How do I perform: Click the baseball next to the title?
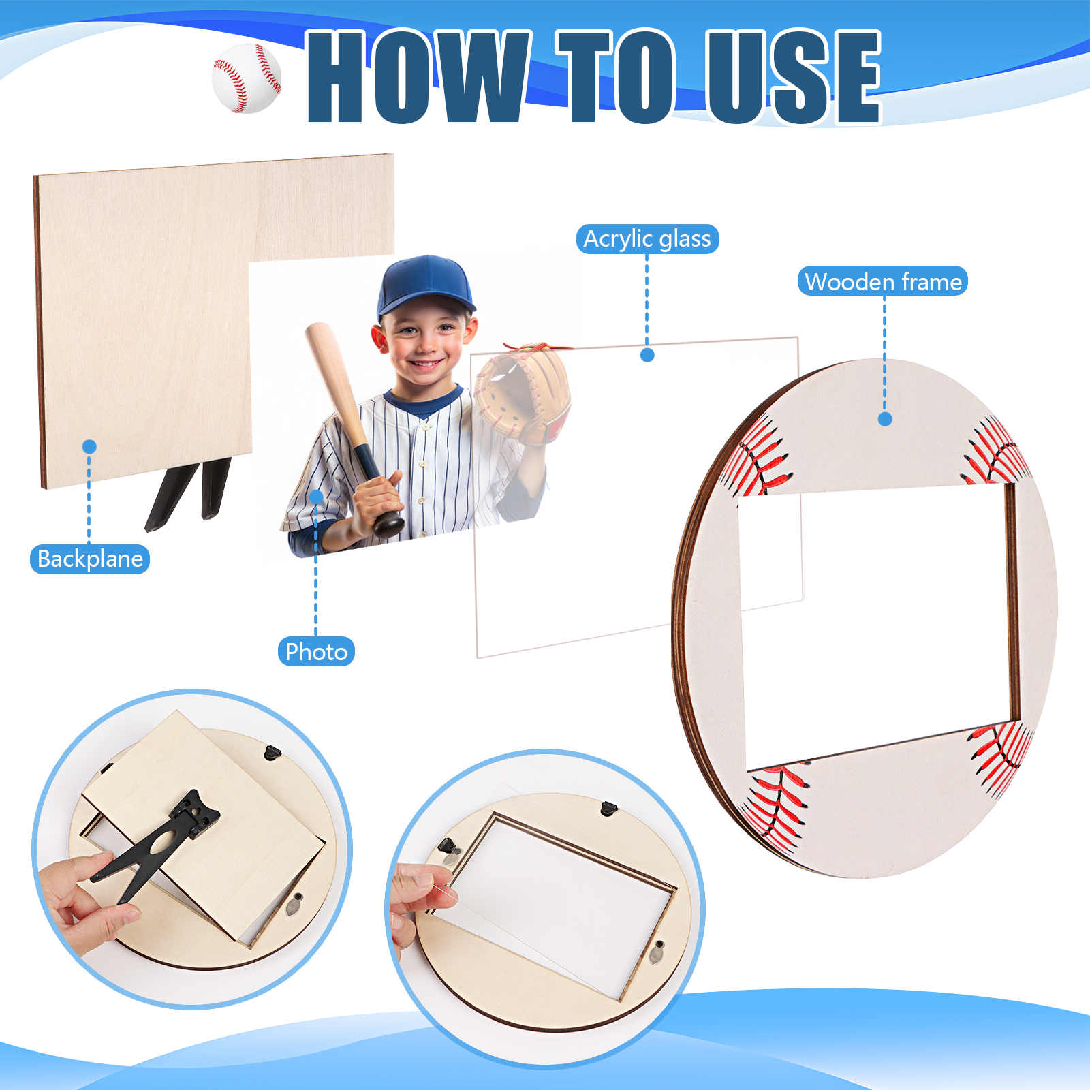click(247, 78)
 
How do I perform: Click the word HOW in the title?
click(419, 76)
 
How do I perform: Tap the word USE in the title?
click(794, 76)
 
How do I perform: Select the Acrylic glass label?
click(647, 239)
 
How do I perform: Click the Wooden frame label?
click(883, 281)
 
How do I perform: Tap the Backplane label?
click(90, 559)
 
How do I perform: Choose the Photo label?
click(316, 651)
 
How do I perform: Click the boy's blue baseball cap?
click(426, 286)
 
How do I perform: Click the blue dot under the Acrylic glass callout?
click(647, 355)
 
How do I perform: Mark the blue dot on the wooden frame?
click(885, 419)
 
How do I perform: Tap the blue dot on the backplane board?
click(89, 447)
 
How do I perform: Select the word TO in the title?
click(617, 76)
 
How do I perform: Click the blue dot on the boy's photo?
click(316, 497)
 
